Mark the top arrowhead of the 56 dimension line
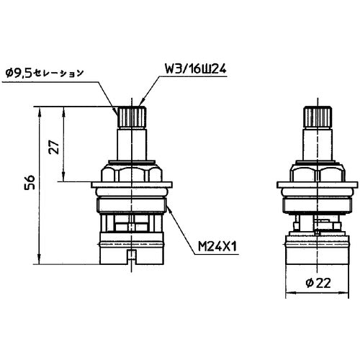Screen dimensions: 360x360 pyautogui.click(x=36, y=111)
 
